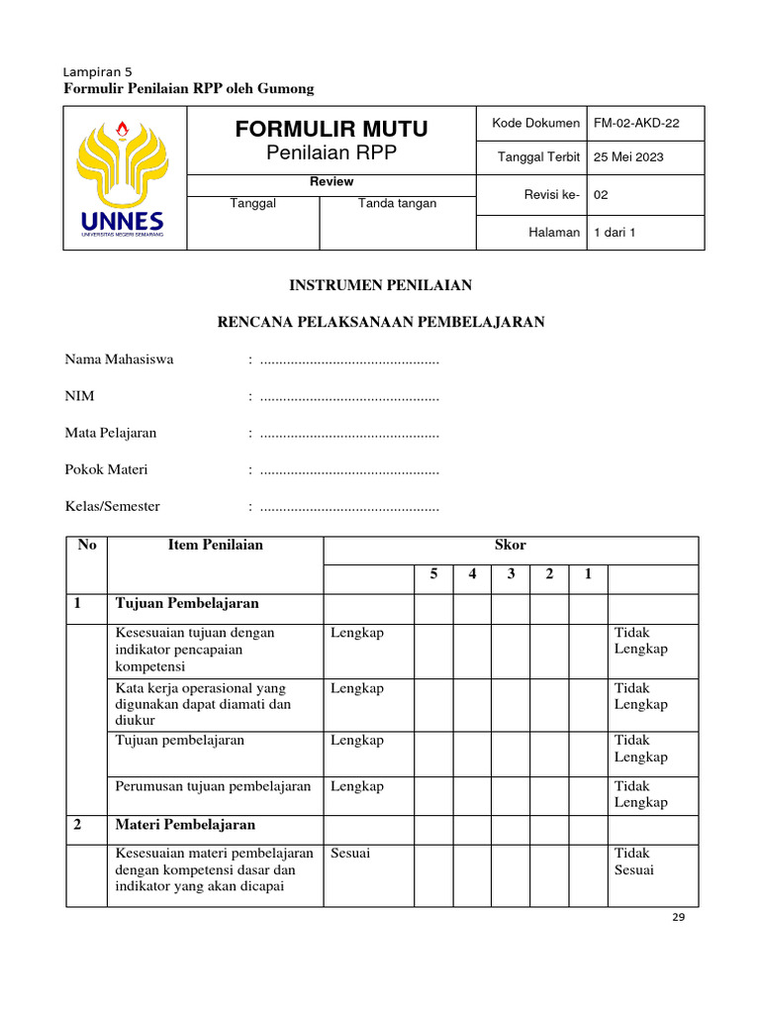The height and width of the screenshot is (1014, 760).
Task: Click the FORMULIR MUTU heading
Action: point(332,129)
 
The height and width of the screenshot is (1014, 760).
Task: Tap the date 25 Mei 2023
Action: point(628,157)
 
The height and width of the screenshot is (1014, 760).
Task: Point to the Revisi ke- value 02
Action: point(601,195)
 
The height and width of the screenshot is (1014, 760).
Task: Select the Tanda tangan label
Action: point(397,203)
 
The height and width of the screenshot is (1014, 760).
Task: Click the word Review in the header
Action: point(332,182)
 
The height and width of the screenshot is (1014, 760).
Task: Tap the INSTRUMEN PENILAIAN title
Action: point(380,285)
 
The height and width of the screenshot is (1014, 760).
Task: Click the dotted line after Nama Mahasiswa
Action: point(348,360)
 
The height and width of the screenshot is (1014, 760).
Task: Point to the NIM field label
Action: point(79,396)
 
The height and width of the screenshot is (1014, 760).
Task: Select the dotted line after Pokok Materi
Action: point(348,470)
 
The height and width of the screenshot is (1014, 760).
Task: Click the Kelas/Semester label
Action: point(112,506)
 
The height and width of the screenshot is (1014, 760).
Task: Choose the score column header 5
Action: point(433,575)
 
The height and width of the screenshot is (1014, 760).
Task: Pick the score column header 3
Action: point(511,575)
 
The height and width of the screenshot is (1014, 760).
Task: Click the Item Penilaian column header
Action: point(215,545)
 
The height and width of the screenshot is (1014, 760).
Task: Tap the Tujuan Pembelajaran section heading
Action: point(187,603)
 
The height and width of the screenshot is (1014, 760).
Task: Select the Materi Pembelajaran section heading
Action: point(185,824)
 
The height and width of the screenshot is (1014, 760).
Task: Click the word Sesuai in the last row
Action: point(350,853)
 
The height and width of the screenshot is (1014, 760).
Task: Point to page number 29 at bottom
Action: point(678,918)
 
